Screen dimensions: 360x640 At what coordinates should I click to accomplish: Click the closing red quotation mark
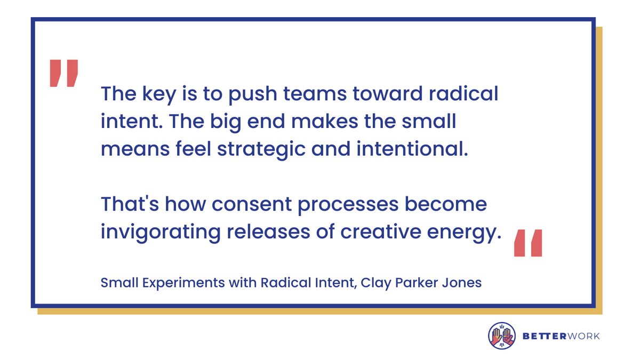528,243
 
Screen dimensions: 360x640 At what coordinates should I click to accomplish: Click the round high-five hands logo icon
502,336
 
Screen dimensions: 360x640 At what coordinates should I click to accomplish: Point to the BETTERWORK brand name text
561,336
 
